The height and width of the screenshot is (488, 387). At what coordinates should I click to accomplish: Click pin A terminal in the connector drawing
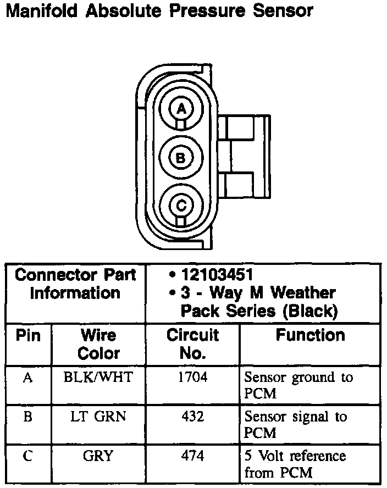point(180,109)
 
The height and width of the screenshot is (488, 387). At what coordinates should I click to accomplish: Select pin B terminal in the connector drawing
point(180,158)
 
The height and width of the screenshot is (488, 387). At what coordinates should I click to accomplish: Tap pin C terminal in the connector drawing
point(180,206)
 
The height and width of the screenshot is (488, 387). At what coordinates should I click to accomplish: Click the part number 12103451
point(217,274)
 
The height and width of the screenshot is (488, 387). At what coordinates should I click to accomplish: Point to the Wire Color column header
point(98,344)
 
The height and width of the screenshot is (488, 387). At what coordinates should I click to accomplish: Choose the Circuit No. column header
point(192,344)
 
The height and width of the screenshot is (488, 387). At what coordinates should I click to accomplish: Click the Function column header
point(310,335)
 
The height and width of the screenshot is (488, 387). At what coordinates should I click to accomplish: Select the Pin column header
point(28,335)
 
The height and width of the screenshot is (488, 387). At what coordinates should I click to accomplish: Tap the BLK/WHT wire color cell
point(98,378)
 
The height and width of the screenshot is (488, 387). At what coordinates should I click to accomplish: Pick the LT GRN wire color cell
point(98,417)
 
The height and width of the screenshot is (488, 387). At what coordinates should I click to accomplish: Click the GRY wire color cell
point(99,456)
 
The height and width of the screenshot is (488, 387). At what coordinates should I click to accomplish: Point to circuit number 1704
point(192,378)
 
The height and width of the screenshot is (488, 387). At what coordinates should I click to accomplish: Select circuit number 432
point(192,417)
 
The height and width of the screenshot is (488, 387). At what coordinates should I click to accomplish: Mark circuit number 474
point(192,456)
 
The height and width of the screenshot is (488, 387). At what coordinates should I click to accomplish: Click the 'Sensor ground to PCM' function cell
point(298,385)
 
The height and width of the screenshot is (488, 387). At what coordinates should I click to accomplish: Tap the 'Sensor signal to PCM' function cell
point(296,424)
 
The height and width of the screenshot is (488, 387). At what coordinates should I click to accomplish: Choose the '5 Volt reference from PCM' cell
point(295,464)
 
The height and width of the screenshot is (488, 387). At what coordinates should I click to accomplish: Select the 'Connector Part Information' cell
point(75,284)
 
